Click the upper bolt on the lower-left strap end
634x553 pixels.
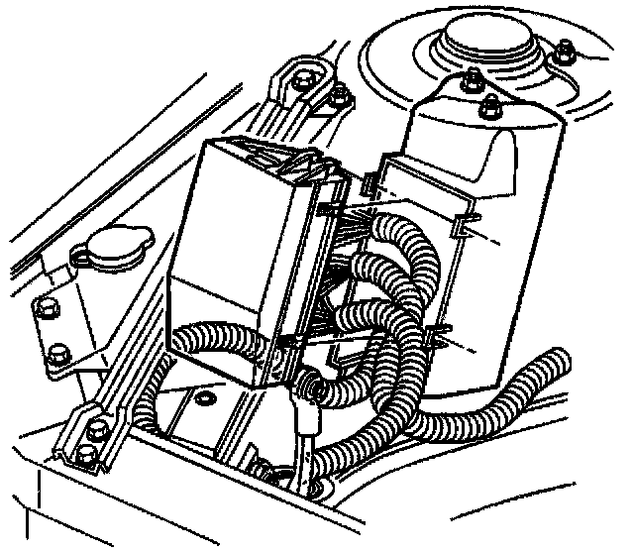pos(98,430)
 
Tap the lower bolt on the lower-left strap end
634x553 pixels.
pos(85,455)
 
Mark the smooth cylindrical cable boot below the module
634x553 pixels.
pos(309,421)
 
